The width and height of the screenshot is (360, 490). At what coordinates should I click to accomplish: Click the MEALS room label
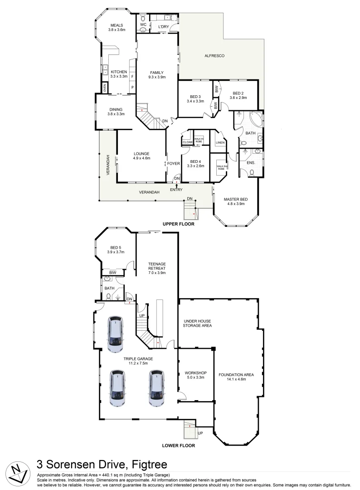(x=117, y=25)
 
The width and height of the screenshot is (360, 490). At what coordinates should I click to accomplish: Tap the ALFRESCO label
(x=214, y=56)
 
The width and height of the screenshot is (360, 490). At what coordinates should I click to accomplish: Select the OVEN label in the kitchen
(x=105, y=89)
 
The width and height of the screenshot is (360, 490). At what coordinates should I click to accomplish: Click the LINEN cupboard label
(x=220, y=143)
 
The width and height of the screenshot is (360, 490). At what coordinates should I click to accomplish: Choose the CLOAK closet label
(x=188, y=142)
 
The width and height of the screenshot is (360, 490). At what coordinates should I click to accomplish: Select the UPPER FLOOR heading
(x=178, y=224)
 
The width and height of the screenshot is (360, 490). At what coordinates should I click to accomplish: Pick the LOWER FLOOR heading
(x=178, y=446)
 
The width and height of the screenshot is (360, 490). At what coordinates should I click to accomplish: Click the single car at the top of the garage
(x=115, y=334)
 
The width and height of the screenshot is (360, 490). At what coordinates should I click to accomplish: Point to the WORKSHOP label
(x=196, y=373)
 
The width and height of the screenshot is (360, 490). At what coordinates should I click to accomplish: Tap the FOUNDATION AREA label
(x=236, y=375)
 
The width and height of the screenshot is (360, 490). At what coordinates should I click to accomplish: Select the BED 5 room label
(x=116, y=247)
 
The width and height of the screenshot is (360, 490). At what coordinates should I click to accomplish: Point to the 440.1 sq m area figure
(x=106, y=475)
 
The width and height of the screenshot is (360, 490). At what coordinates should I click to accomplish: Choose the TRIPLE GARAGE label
(x=138, y=359)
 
